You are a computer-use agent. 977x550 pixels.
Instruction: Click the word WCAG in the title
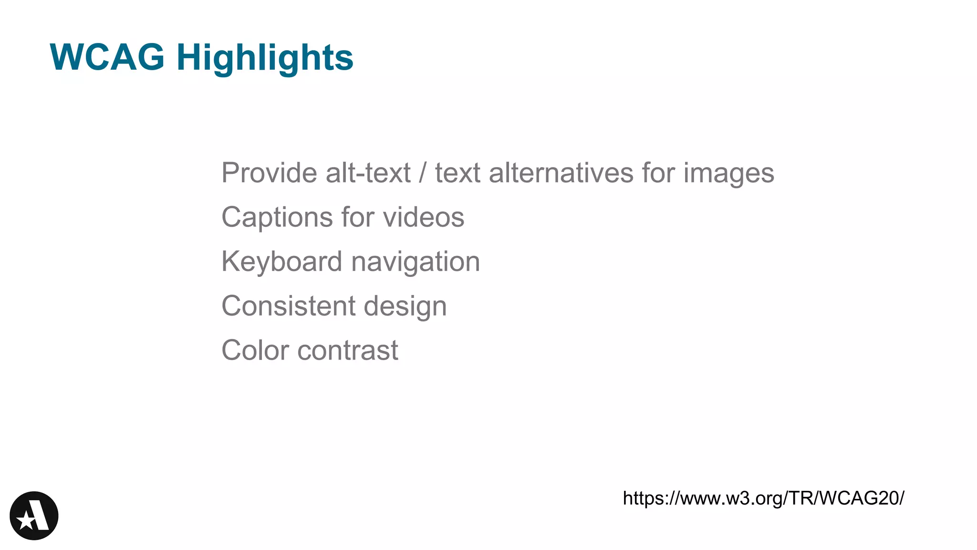(107, 57)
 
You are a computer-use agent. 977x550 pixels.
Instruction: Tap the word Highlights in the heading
(265, 58)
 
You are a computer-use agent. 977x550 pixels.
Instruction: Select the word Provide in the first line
(270, 173)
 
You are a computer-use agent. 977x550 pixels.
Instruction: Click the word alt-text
(368, 173)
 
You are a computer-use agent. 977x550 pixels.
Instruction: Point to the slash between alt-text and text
(422, 173)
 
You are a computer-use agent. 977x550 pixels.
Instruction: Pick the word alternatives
(561, 173)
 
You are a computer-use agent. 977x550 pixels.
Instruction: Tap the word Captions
(277, 218)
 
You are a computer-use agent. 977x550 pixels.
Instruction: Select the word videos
(424, 217)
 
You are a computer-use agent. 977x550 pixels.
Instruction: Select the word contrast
(348, 351)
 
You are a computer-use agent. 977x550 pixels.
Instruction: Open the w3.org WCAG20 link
(763, 498)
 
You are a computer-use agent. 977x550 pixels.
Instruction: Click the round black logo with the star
(34, 516)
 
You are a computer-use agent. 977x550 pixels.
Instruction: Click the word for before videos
(358, 217)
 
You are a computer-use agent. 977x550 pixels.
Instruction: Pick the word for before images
(658, 173)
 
